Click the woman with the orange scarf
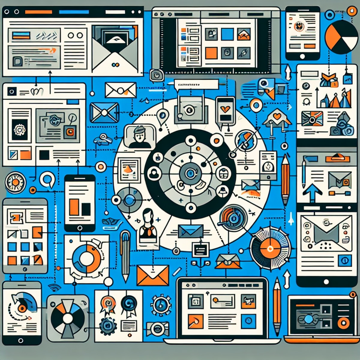(x=148, y=225)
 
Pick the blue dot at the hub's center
(x=190, y=173)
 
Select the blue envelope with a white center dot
(x=104, y=112)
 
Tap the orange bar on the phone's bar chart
(x=74, y=207)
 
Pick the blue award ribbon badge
(x=129, y=304)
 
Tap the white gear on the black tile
(x=20, y=130)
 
